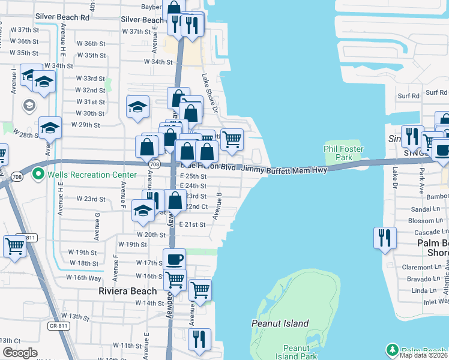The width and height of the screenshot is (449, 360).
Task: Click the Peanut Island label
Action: (280, 324)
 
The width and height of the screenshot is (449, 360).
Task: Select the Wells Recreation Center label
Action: (83, 175)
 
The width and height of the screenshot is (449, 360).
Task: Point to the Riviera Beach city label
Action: (127, 291)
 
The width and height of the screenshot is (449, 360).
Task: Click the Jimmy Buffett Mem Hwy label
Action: (285, 170)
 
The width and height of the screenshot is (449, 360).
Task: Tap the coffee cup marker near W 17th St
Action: (174, 259)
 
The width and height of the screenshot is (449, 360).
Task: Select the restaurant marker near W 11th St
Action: (199, 339)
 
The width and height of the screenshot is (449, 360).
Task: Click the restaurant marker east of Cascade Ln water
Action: (384, 238)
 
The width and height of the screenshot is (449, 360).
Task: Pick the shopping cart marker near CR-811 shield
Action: (14, 246)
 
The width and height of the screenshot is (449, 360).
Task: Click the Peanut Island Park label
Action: (296, 352)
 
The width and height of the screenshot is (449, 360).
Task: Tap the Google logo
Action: (20, 353)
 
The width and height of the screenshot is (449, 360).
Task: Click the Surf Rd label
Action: (408, 95)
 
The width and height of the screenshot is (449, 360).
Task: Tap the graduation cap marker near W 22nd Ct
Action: (143, 211)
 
